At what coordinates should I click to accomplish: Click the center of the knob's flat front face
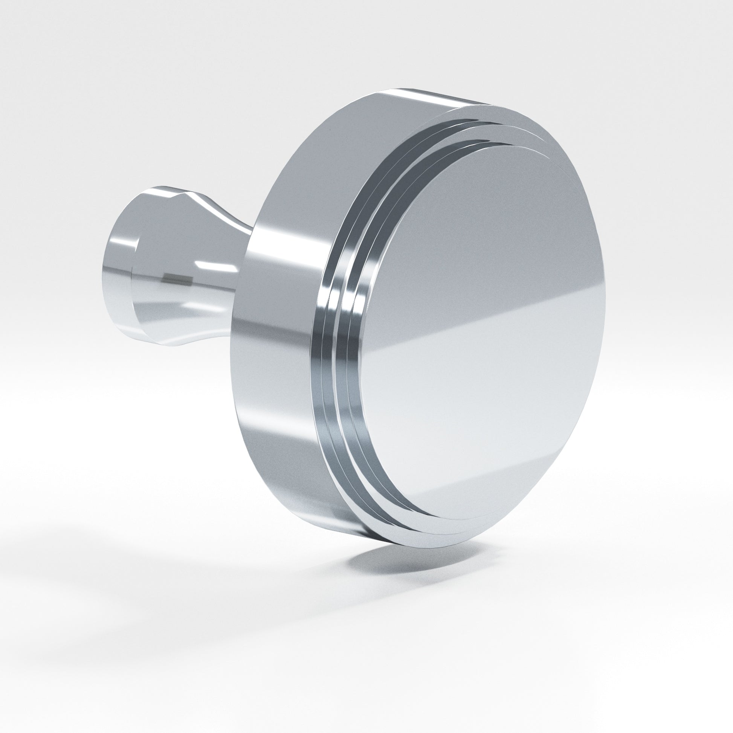(482, 330)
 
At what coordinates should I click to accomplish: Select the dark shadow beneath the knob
(410, 562)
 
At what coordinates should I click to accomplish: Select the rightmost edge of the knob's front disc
(603, 296)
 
